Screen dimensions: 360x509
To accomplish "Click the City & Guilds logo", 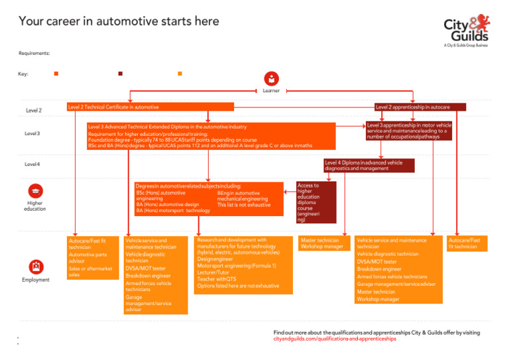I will (467, 30).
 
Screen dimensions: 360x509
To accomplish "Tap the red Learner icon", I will (271, 78).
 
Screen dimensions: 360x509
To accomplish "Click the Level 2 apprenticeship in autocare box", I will (420, 107).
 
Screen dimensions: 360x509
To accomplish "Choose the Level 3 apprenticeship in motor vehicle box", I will (409, 131).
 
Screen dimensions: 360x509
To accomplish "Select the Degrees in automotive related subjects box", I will (206, 198).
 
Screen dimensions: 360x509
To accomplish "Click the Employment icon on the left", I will (36, 267).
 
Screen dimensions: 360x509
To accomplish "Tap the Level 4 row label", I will (32, 164).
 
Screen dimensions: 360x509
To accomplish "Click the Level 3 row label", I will (32, 133).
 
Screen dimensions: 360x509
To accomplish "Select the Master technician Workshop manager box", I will (322, 243).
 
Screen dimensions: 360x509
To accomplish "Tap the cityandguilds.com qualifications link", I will (335, 339).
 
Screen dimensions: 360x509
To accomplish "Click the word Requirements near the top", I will (34, 53).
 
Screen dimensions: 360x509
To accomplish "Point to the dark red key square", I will (120, 74).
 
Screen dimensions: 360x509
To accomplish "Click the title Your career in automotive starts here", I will (119, 21).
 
